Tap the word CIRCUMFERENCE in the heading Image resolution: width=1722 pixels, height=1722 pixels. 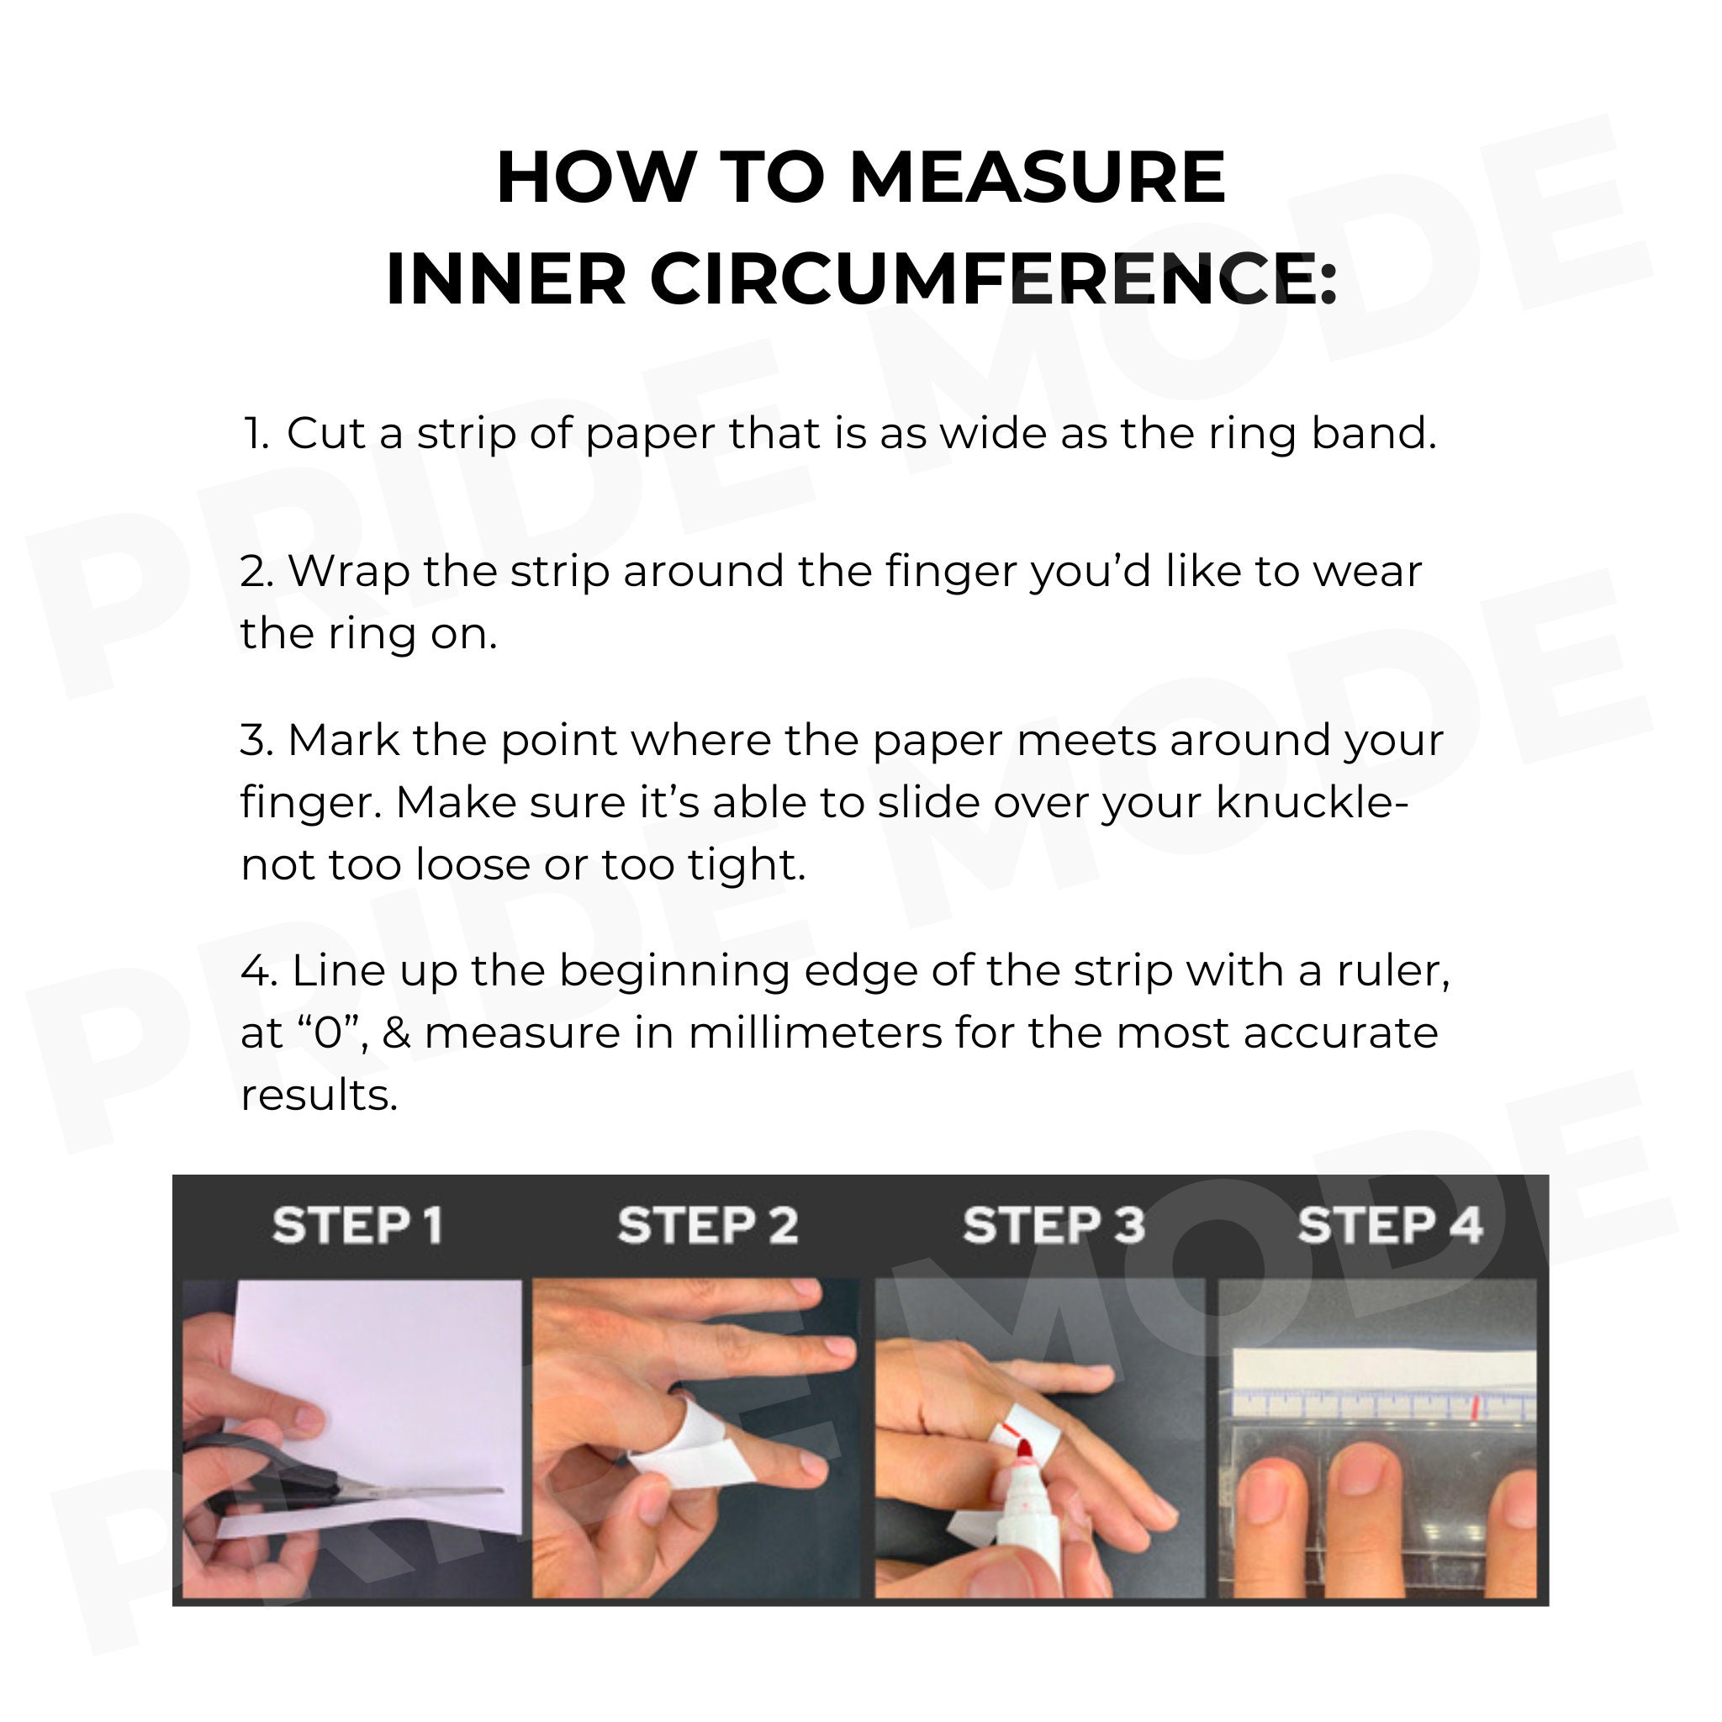(x=983, y=279)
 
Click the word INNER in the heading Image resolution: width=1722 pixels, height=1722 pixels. (x=506, y=279)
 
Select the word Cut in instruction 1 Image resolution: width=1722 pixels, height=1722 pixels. (x=326, y=434)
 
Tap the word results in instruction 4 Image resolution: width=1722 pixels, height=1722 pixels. (x=318, y=1096)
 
